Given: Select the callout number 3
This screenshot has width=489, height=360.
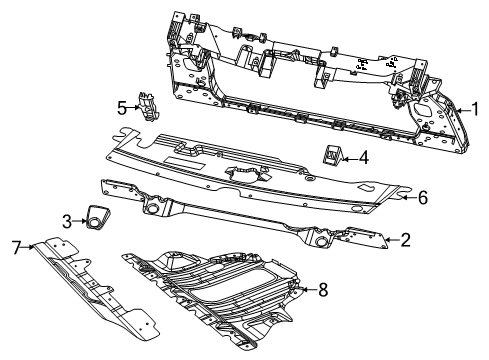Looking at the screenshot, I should [x=67, y=220].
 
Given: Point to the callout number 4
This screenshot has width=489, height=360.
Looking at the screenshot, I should [x=363, y=157].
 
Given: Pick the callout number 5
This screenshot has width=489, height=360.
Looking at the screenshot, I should [x=121, y=105].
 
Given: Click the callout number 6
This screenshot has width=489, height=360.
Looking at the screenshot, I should [x=422, y=198].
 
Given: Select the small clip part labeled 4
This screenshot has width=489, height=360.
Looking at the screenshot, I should [x=330, y=155].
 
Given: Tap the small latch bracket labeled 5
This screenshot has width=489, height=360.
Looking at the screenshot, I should [x=148, y=106].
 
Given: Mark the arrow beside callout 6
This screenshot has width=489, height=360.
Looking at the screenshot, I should [x=408, y=198].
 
